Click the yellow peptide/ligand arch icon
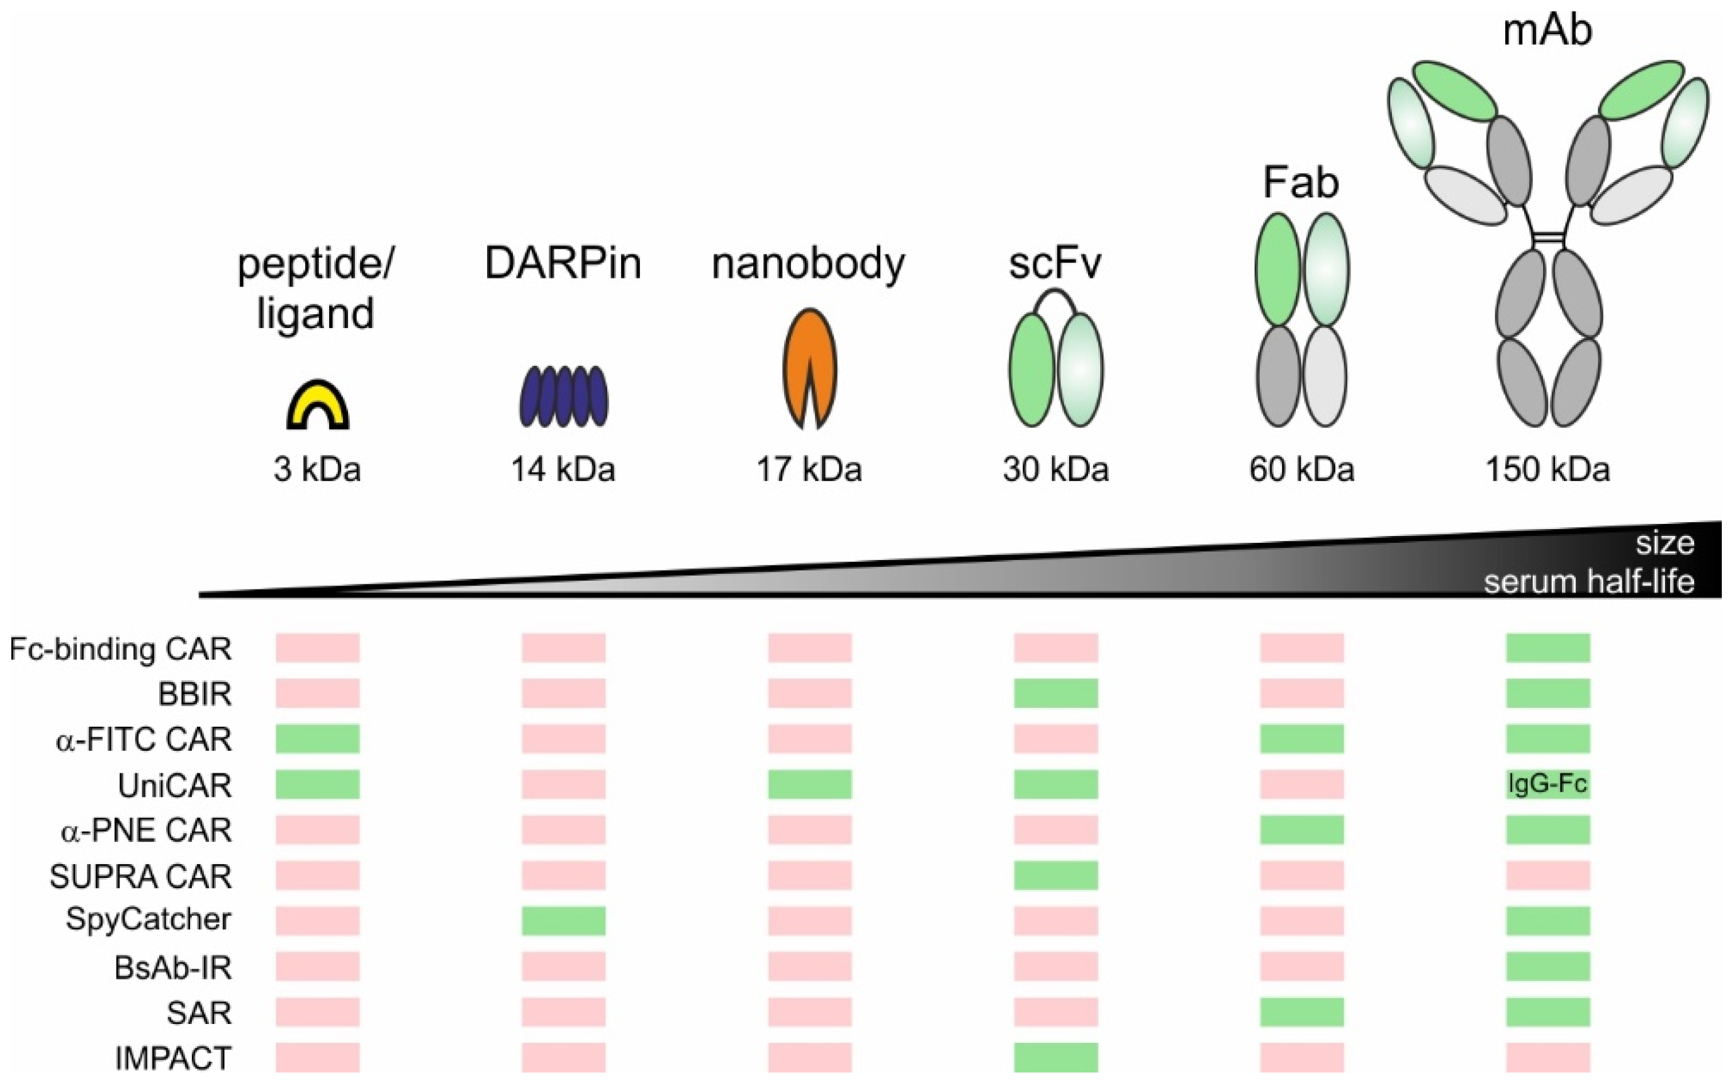[x=318, y=407]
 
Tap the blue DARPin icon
[x=563, y=396]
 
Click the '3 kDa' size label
[x=317, y=469]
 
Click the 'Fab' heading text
[x=1300, y=183]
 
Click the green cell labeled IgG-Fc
[x=1547, y=783]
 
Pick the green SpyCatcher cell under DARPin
[x=563, y=921]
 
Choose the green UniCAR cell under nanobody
[x=810, y=783]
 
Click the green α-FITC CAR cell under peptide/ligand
[x=318, y=738]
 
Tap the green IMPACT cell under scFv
[x=1055, y=1057]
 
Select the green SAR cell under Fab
[x=1301, y=1011]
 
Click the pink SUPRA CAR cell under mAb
[x=1547, y=875]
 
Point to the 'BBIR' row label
[x=194, y=694]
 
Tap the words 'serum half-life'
[x=1588, y=581]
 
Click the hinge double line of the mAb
[x=1547, y=237]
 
